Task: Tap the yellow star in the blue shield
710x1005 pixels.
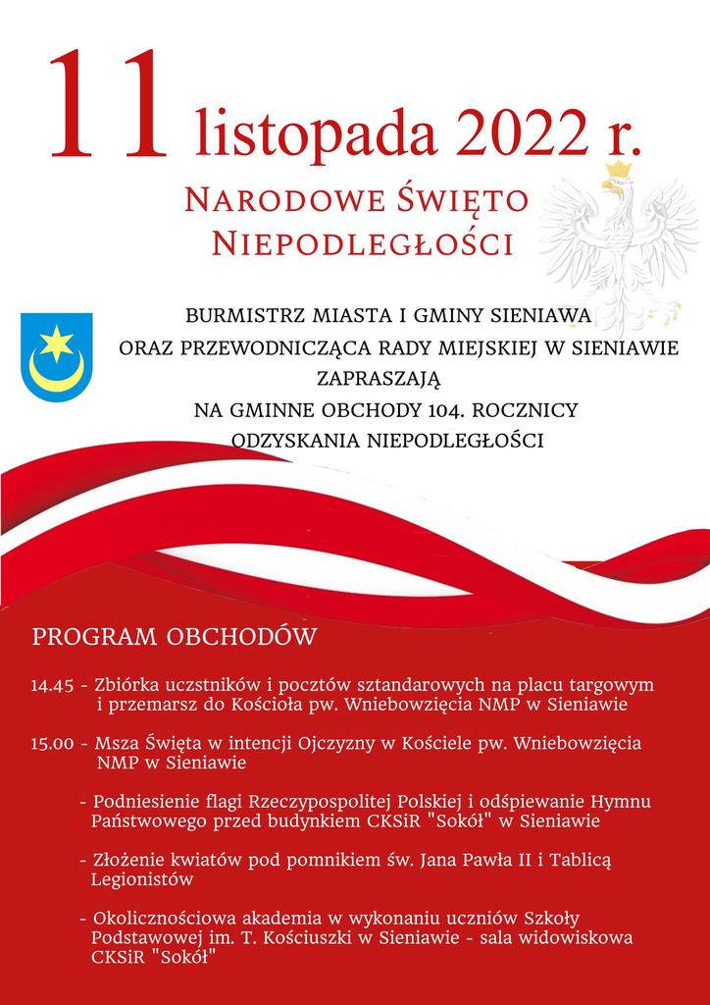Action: (x=56, y=344)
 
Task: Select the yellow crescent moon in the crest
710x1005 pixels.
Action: (x=56, y=373)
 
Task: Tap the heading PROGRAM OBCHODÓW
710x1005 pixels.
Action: (x=175, y=637)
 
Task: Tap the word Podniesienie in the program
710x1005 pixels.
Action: (x=142, y=802)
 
